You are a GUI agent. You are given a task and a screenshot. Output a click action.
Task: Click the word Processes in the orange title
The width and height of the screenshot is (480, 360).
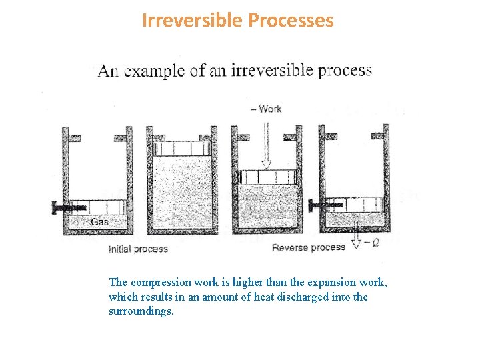coord(290,21)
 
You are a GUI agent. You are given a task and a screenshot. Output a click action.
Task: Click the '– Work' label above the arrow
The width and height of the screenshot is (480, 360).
coord(267,109)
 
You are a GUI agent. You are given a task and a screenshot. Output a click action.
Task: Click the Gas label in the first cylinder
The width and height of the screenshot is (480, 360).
coord(99,222)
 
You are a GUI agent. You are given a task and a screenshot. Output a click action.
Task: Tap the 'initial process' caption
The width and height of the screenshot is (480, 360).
coord(138,249)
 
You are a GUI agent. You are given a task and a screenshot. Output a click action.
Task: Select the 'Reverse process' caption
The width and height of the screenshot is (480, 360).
coord(309,247)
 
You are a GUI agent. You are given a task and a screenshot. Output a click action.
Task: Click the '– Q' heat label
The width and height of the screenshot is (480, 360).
coord(371,244)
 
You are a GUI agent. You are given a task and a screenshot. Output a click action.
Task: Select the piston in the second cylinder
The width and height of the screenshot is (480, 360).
coord(182,148)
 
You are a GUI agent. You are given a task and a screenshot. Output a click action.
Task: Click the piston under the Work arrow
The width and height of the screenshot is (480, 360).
coord(267,177)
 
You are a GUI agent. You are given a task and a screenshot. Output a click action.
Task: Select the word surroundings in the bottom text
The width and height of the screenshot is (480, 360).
coord(140,311)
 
